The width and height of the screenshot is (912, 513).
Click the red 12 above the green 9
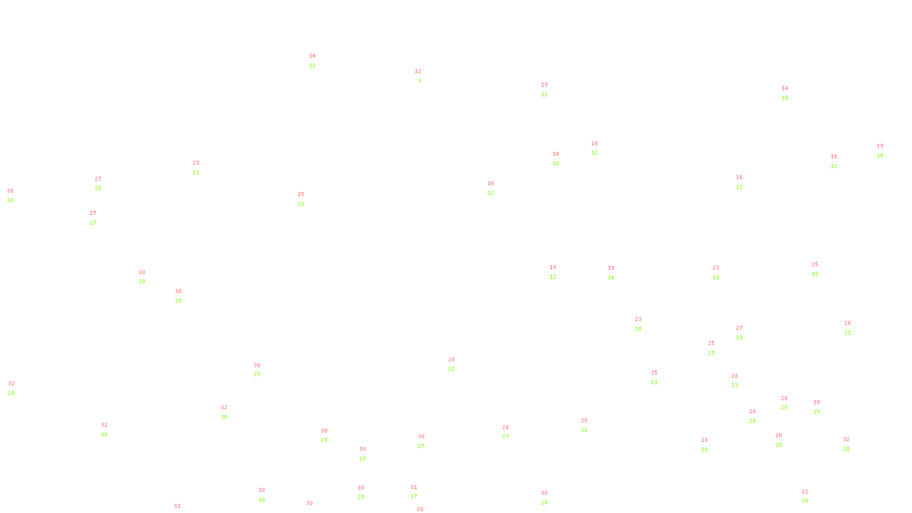click(418, 71)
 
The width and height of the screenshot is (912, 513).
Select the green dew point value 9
click(420, 81)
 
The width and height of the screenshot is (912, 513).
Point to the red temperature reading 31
click(414, 487)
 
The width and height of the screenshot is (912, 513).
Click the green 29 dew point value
click(361, 497)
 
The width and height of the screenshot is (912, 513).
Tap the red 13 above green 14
click(880, 146)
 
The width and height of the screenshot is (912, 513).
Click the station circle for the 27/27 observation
click(99, 218)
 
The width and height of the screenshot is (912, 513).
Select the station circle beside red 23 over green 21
click(202, 168)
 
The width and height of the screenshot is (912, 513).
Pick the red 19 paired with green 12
click(544, 85)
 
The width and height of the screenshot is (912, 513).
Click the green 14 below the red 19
click(611, 278)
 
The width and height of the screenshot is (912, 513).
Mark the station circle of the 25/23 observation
click(306, 199)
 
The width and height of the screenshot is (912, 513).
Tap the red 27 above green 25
click(98, 179)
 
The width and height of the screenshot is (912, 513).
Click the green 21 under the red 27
click(739, 337)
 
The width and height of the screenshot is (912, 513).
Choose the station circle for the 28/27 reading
click(511, 432)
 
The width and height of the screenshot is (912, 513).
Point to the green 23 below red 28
click(735, 385)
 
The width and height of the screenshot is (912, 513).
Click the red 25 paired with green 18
click(815, 264)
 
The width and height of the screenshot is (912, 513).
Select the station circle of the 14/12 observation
click(317, 60)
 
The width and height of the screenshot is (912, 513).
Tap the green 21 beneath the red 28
click(848, 333)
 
